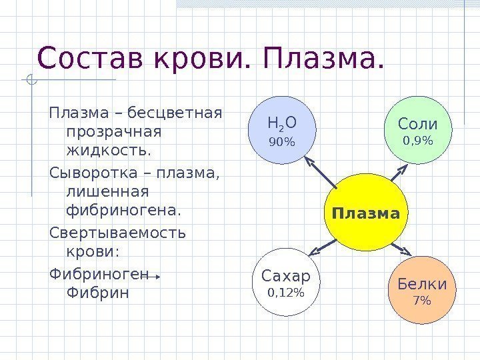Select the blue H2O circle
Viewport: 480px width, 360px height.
coord(281,131)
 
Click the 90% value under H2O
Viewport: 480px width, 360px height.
coord(281,142)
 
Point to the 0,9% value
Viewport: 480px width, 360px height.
coord(418,141)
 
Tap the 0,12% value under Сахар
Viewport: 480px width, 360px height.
coord(286,293)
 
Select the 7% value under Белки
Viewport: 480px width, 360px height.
coord(422,301)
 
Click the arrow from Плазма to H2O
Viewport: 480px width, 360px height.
coord(321,173)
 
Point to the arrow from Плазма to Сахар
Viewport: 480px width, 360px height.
coord(323,249)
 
